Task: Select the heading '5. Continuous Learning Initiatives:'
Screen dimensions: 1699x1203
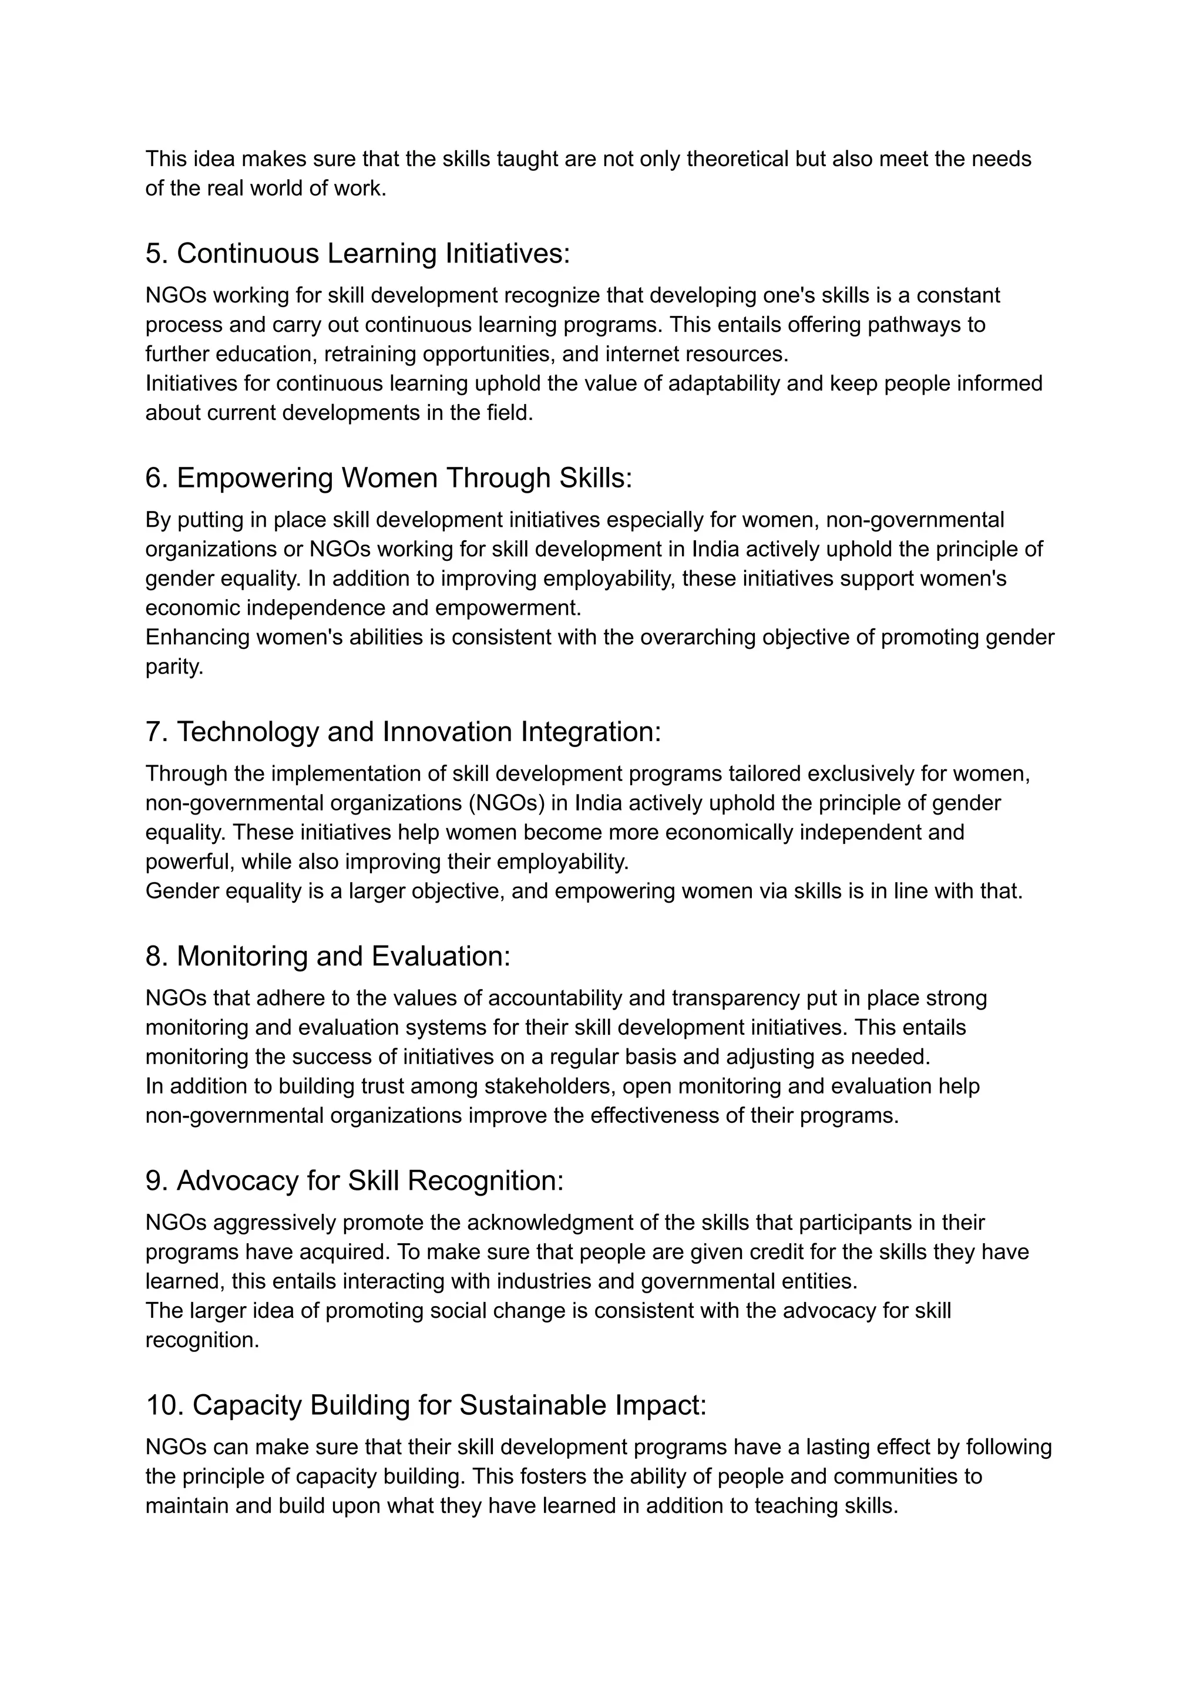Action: (x=358, y=254)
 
